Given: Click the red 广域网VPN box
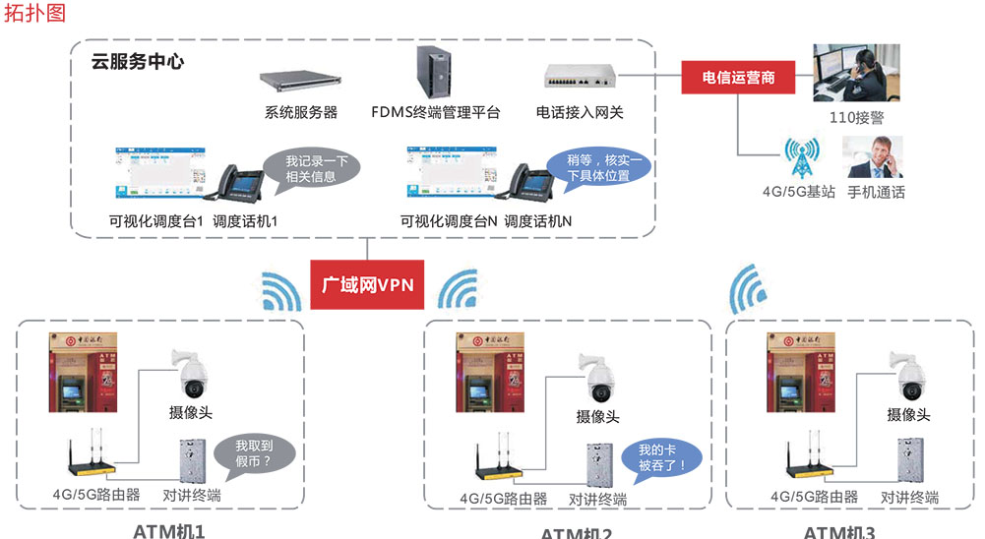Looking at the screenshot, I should click(x=369, y=285).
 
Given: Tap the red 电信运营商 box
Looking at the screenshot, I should click(x=738, y=77).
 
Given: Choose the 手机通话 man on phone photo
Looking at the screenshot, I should click(x=874, y=156).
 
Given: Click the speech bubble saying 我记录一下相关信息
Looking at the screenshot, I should click(x=310, y=168).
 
